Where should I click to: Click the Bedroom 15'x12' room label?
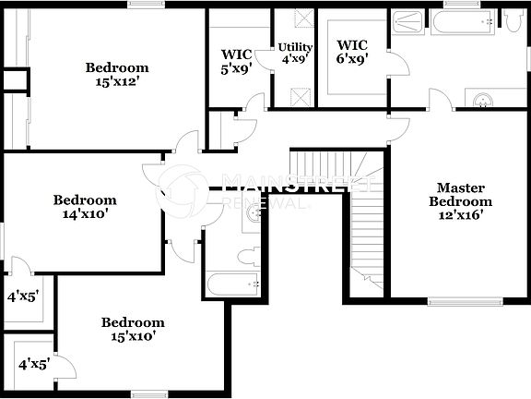tap(117, 73)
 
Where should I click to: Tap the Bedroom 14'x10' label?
tap(85, 206)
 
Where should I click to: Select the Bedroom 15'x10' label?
tap(133, 329)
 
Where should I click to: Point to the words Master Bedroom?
tap(464, 194)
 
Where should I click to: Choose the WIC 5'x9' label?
tap(237, 60)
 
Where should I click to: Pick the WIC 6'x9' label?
tap(352, 52)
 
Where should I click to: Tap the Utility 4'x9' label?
tap(296, 54)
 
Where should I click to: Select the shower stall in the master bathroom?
tap(406, 22)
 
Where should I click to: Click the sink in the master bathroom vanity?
tap(481, 99)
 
